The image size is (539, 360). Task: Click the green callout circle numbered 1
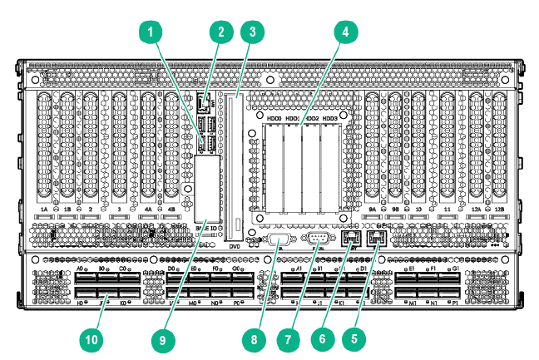coord(151,32)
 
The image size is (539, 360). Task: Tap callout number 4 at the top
coord(340,32)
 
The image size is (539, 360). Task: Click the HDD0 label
coord(274,119)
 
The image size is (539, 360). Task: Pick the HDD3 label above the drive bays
coord(330,119)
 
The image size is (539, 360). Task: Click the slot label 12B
coord(498,210)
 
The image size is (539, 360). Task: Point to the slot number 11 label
coord(449,210)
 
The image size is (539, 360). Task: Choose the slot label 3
coord(121,210)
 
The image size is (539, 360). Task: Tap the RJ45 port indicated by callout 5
coord(377,239)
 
